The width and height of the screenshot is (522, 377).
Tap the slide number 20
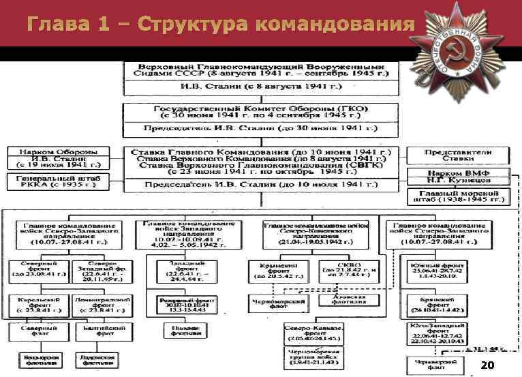pyautogui.click(x=487, y=365)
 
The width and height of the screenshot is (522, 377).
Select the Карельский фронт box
pyautogui.click(x=35, y=303)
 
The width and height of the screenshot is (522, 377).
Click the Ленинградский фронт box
pyautogui.click(x=101, y=303)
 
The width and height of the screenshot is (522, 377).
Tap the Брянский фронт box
pyautogui.click(x=446, y=304)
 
